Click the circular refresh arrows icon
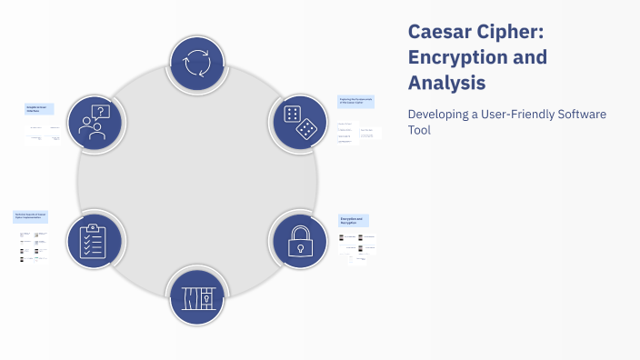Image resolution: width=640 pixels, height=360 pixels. (197, 65)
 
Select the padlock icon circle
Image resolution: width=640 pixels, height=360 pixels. (300, 241)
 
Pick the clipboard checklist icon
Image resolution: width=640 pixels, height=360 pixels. (95, 241)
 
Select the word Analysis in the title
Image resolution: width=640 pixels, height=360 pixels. (446, 84)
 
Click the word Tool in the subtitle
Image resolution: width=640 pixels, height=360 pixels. (419, 130)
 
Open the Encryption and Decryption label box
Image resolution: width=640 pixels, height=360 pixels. (354, 221)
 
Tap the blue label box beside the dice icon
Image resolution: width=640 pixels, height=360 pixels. (357, 102)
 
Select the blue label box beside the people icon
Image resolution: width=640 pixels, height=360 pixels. (39, 109)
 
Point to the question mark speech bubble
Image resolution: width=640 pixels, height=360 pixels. (102, 112)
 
